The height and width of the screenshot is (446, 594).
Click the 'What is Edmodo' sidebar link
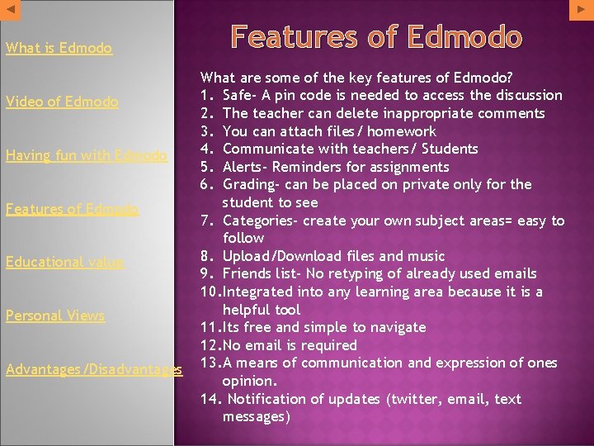pyautogui.click(x=59, y=48)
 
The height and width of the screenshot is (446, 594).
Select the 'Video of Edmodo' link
pyautogui.click(x=62, y=102)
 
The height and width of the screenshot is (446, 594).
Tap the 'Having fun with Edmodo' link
pyautogui.click(x=86, y=155)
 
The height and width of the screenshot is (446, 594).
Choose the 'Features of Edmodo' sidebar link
pyautogui.click(x=72, y=209)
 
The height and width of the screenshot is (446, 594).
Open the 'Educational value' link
pyautogui.click(x=64, y=263)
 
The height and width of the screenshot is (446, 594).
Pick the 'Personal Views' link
pyautogui.click(x=55, y=316)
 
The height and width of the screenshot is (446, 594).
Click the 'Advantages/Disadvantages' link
pyautogui.click(x=93, y=369)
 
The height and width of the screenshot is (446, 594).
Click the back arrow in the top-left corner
pyautogui.click(x=9, y=8)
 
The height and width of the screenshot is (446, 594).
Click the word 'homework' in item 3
pyautogui.click(x=402, y=131)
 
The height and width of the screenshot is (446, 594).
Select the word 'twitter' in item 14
pyautogui.click(x=417, y=399)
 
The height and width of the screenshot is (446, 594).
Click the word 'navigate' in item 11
pyautogui.click(x=399, y=327)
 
